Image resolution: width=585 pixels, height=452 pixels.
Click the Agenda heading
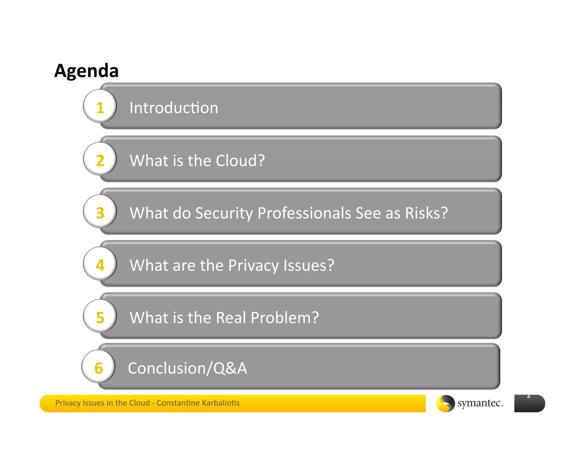click(86, 71)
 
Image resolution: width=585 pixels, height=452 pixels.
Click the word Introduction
click(174, 108)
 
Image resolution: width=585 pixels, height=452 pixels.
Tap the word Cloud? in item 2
click(240, 160)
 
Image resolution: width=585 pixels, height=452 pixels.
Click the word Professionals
click(304, 213)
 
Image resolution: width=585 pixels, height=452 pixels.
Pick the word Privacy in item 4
click(253, 266)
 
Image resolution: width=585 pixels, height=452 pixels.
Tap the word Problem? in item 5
click(285, 317)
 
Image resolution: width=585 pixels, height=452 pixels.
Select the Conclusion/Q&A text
click(187, 368)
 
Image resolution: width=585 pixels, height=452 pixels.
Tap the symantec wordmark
click(480, 403)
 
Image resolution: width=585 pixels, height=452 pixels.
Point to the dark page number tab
click(529, 403)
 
